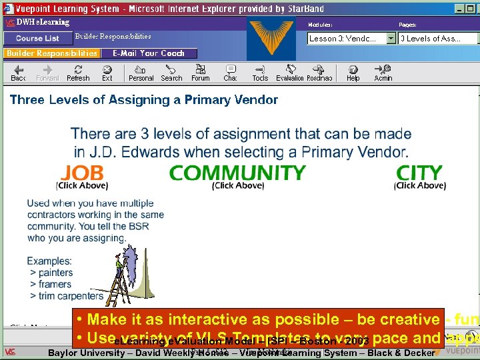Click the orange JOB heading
[x=82, y=173]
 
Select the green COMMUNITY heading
[x=237, y=173]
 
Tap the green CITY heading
[x=419, y=173]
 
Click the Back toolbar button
[x=19, y=73]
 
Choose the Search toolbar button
[x=171, y=73]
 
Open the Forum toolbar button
[x=200, y=73]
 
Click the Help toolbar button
[x=353, y=73]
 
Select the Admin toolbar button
[x=383, y=73]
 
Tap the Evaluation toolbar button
[x=290, y=73]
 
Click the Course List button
[x=37, y=38]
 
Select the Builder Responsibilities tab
[x=51, y=53]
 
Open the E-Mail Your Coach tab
[x=149, y=53]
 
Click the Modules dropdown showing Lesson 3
[x=351, y=39]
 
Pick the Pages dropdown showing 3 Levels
[x=437, y=39]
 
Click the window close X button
[x=472, y=9]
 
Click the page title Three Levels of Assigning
[x=144, y=100]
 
